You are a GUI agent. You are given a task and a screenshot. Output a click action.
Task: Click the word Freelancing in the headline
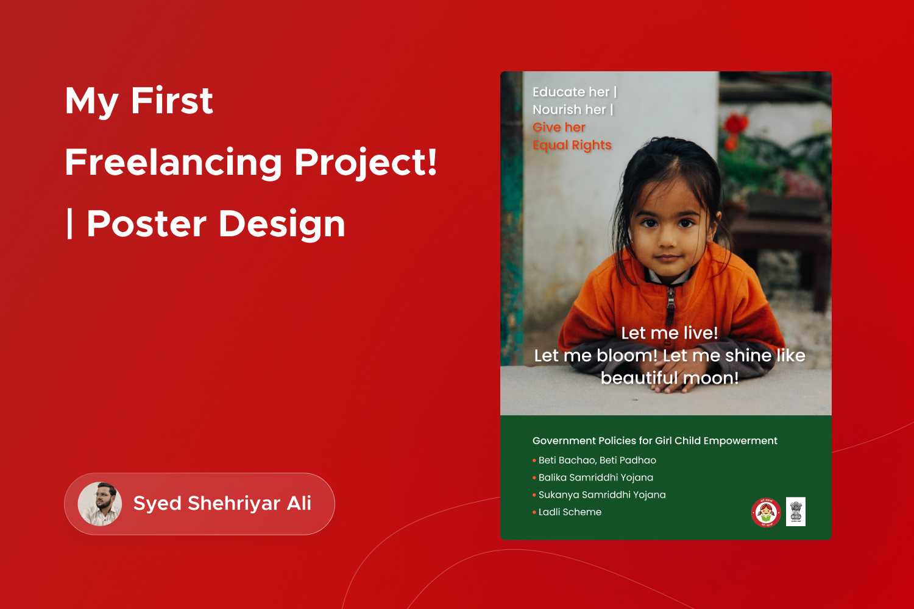pyautogui.click(x=174, y=163)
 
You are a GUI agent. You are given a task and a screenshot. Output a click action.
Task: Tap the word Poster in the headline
pyautogui.click(x=146, y=224)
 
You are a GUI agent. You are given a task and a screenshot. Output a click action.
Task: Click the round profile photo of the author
pyautogui.click(x=99, y=504)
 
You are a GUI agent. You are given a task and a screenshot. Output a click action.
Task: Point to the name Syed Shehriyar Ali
pyautogui.click(x=222, y=504)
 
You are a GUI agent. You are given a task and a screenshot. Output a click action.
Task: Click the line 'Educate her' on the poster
pyautogui.click(x=571, y=92)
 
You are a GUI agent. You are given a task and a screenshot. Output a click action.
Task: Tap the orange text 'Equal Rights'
pyautogui.click(x=572, y=146)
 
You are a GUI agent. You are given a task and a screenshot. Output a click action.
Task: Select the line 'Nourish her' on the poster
pyautogui.click(x=569, y=110)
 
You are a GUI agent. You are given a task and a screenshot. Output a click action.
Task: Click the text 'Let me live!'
pyautogui.click(x=670, y=333)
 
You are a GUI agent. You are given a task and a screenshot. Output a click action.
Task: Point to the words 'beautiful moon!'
pyautogui.click(x=670, y=378)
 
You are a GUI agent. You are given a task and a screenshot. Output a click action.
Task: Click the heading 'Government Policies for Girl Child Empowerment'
pyautogui.click(x=655, y=441)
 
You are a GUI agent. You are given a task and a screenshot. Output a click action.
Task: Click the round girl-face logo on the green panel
pyautogui.click(x=766, y=512)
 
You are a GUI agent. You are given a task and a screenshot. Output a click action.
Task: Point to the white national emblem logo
pyautogui.click(x=796, y=512)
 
